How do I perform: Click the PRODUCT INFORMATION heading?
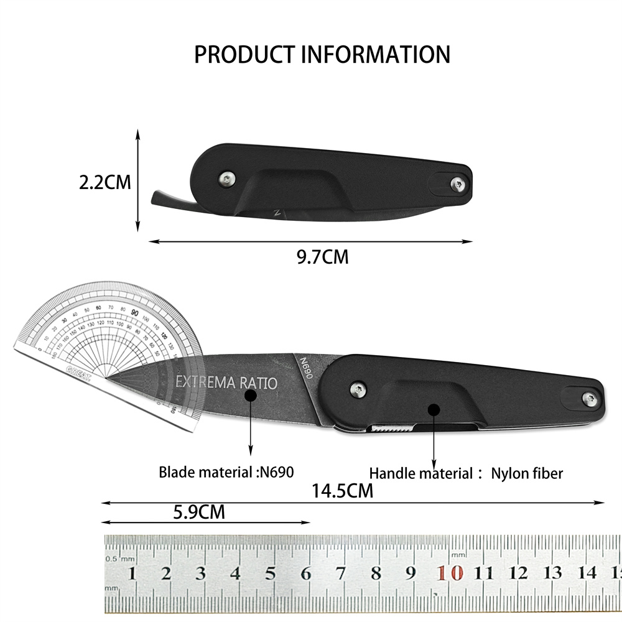(x=322, y=55)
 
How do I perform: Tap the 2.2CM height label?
(x=105, y=182)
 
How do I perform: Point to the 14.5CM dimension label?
(x=342, y=491)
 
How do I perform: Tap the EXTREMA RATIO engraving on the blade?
(x=226, y=382)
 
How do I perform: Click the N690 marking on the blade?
(x=305, y=364)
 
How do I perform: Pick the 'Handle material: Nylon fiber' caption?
(x=466, y=473)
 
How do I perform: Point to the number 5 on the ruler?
(x=271, y=573)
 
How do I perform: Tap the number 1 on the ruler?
(x=131, y=573)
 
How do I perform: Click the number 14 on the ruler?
(x=587, y=572)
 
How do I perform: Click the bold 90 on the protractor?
(x=135, y=312)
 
